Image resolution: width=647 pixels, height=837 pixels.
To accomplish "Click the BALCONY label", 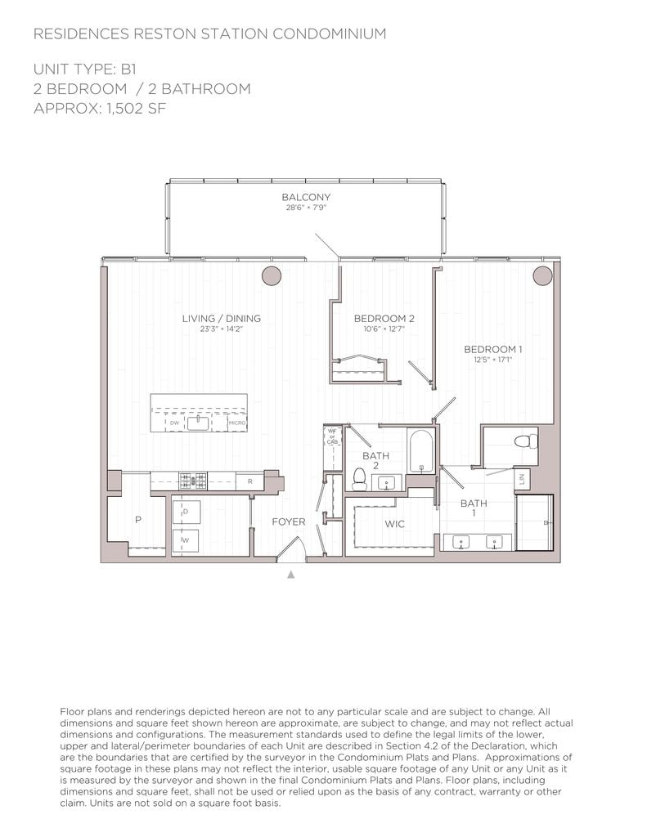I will point(306,197).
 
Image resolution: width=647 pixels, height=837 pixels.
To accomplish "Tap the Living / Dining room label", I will point(221,318).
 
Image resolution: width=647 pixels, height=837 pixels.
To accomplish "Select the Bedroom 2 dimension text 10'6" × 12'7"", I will point(379,329).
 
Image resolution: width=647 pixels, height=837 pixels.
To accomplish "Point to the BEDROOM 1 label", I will point(492,349).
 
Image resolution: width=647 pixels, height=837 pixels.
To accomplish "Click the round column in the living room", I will point(272,275).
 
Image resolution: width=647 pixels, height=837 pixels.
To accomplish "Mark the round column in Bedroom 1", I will point(542,275).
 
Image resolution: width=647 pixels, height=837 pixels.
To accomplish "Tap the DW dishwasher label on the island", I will point(174,423).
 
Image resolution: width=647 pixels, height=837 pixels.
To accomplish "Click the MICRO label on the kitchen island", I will point(237,423).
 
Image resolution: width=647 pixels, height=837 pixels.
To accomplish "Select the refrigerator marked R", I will point(249,482).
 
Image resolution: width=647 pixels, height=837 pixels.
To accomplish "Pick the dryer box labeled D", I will point(186,512).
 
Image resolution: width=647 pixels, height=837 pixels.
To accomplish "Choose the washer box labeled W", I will point(186,539).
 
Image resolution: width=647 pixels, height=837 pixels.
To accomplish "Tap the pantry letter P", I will point(137,520).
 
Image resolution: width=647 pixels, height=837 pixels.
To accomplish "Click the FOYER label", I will point(288,521).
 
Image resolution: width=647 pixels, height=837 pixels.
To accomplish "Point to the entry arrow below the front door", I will point(290,575).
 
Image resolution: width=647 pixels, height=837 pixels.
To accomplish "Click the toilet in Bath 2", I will point(358,477).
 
